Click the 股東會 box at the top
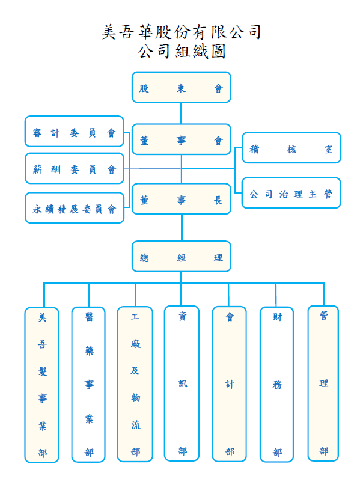pos(182,87)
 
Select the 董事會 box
pos(182,139)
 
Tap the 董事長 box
pos(182,199)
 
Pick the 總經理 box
pos(182,257)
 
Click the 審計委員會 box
pos(75,132)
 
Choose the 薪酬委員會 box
pos(75,168)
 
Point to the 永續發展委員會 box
pos(75,208)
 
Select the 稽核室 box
pos(291,148)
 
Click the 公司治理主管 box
pos(291,193)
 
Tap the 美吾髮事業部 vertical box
pos(41,385)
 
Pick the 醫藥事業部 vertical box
pos(88,385)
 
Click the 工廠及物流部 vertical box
pos(135,384)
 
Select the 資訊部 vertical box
pos(182,383)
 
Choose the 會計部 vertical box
pos(229,384)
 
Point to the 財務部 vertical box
pos(277,384)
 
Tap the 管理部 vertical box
pos(323,383)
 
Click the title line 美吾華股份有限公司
pos(182,32)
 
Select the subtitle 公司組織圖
pos(182,51)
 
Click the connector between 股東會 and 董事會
pos(181,113)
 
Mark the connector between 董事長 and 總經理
pos(182,228)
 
